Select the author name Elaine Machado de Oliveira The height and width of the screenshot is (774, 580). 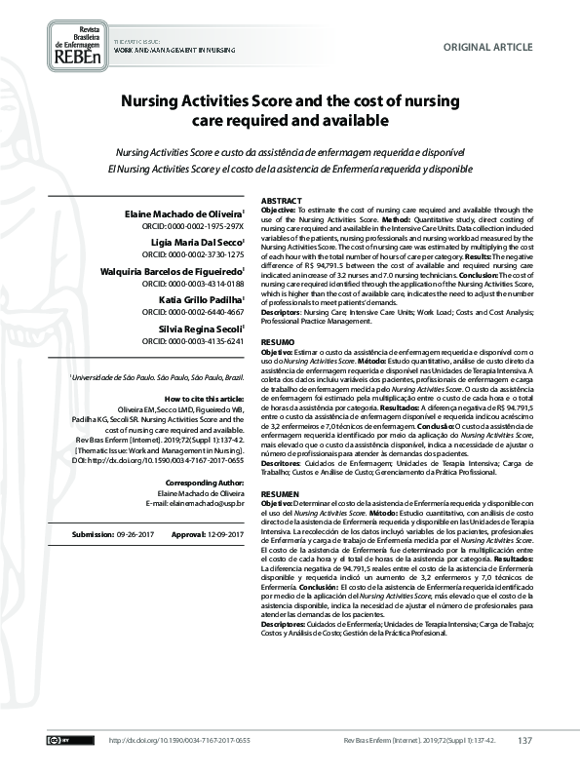190,213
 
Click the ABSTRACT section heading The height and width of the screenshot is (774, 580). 282,200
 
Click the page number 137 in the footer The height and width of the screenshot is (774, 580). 524,742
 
